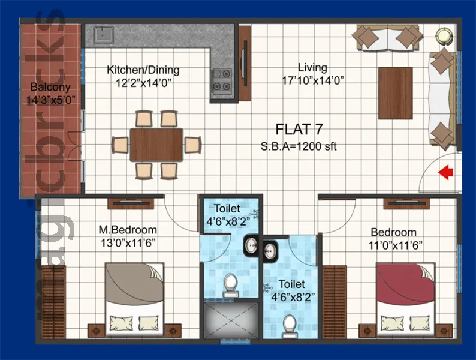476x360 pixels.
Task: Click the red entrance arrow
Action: pyautogui.click(x=445, y=173)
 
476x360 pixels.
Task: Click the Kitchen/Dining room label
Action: pyautogui.click(x=143, y=70)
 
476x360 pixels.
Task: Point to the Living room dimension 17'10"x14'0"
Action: pyautogui.click(x=312, y=80)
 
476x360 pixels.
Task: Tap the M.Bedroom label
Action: pyautogui.click(x=128, y=230)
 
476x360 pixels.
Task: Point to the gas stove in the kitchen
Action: pyautogui.click(x=221, y=80)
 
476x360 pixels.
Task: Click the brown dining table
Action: pyautogui.click(x=156, y=145)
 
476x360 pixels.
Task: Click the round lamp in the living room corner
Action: pyautogui.click(x=444, y=35)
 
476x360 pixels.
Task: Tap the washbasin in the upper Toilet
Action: pyautogui.click(x=250, y=245)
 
